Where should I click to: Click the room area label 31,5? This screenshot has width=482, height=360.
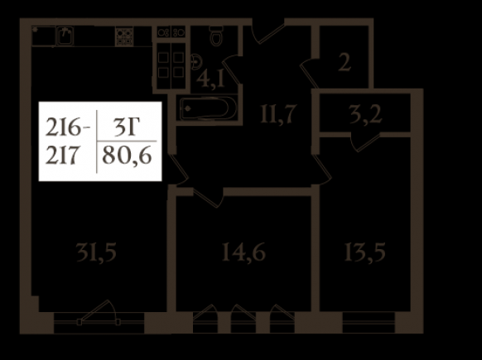[x=96, y=252]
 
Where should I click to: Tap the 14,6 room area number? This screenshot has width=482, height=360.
[x=243, y=252]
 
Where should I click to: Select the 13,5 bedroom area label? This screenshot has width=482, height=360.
[x=364, y=252]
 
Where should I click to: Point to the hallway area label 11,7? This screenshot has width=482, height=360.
[x=278, y=114]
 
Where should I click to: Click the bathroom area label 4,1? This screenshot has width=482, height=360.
[x=210, y=79]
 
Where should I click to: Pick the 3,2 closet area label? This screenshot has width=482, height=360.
[x=366, y=114]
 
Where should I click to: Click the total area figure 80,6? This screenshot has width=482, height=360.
[x=127, y=156]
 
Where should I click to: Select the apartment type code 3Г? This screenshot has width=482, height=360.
[x=126, y=127]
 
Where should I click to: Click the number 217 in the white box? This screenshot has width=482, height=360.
[x=62, y=156]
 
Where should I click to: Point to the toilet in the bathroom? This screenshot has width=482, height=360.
[x=216, y=35]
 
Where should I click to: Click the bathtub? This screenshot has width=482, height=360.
[x=208, y=108]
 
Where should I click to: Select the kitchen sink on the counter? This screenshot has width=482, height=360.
[x=65, y=36]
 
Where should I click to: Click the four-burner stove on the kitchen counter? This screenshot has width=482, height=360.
[x=124, y=36]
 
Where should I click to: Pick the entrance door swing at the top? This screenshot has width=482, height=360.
[x=268, y=32]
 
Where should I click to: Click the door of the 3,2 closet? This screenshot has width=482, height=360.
[x=365, y=142]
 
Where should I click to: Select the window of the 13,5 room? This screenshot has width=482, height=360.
[x=369, y=322]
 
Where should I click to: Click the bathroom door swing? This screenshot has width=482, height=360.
[x=230, y=70]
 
